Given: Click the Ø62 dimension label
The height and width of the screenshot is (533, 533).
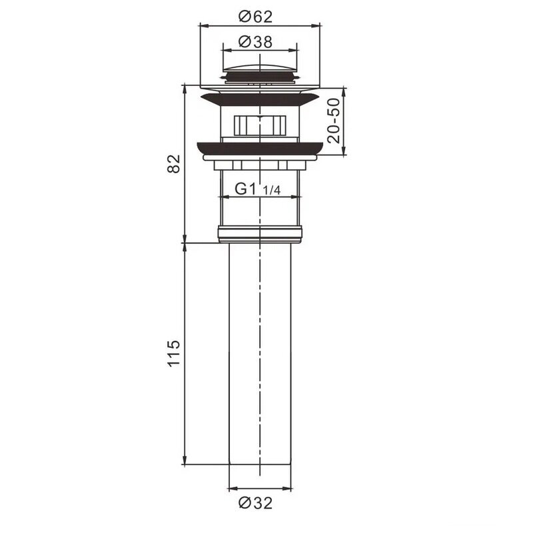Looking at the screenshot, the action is click(x=256, y=16).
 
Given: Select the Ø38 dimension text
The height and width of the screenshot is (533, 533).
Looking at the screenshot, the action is click(x=256, y=42).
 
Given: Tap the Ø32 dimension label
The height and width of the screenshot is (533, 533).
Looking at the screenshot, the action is click(x=256, y=503).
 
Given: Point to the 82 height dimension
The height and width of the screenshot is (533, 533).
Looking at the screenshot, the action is click(x=174, y=164).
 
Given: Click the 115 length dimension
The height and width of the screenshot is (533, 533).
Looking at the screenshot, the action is click(x=174, y=353).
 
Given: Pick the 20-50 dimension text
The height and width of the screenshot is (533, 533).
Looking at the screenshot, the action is click(x=334, y=121).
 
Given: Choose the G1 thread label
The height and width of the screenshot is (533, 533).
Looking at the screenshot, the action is click(x=245, y=189).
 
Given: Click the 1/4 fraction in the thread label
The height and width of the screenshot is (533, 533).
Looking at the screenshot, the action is click(x=272, y=191).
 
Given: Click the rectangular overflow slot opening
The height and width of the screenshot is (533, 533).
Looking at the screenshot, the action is click(x=260, y=125).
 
